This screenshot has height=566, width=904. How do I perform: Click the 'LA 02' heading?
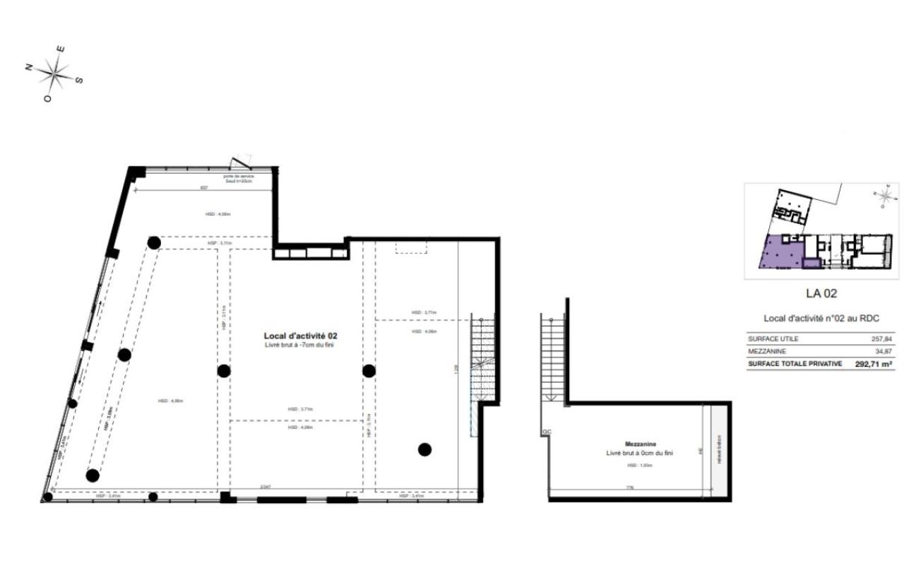pos(821,293)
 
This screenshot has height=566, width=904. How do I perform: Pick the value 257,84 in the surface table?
pos(881,339)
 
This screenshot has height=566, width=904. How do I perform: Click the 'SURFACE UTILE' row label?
pos(773,339)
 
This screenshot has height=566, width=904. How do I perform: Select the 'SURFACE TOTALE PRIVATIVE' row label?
pos(795,364)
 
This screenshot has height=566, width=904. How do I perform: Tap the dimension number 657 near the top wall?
pos(204,188)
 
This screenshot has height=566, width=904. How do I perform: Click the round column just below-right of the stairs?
pos(424,449)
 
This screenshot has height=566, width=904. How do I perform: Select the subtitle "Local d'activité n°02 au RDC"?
pos(821,318)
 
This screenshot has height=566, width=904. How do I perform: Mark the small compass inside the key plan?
pos(884,196)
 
